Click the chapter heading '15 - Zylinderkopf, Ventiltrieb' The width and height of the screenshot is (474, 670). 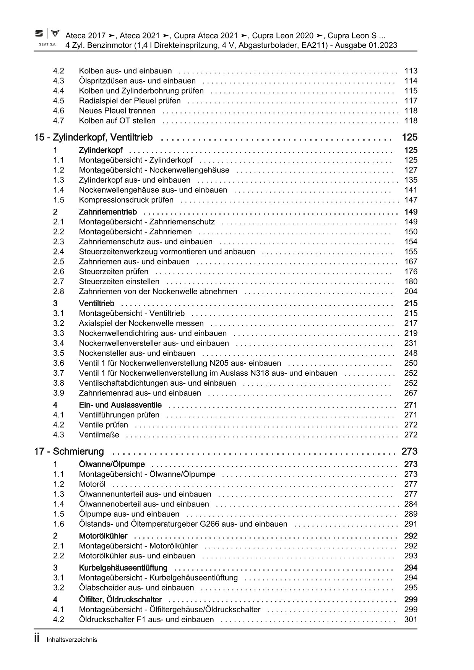pyautogui.click(x=93, y=137)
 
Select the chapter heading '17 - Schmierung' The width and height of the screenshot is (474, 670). pyautogui.click(x=69, y=451)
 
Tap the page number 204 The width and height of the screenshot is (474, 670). pyautogui.click(x=411, y=292)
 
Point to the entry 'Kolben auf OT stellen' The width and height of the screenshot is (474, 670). pyautogui.click(x=117, y=121)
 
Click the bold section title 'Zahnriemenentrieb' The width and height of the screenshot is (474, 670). pyautogui.click(x=108, y=212)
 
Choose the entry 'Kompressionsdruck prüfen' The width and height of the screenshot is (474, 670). pyautogui.click(x=126, y=200)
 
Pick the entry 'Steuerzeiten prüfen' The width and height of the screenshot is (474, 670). pyautogui.click(x=114, y=272)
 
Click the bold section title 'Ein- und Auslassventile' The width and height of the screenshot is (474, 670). pyautogui.click(x=120, y=405)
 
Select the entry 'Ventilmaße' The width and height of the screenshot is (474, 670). pyautogui.click(x=99, y=435)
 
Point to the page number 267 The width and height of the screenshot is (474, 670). pyautogui.click(x=411, y=393)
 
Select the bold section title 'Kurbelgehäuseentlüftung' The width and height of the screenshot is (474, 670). pyautogui.click(x=123, y=568)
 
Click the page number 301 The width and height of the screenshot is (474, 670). pyautogui.click(x=411, y=620)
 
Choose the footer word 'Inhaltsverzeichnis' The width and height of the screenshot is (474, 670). pyautogui.click(x=72, y=640)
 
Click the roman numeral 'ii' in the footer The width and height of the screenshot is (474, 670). pyautogui.click(x=37, y=639)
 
